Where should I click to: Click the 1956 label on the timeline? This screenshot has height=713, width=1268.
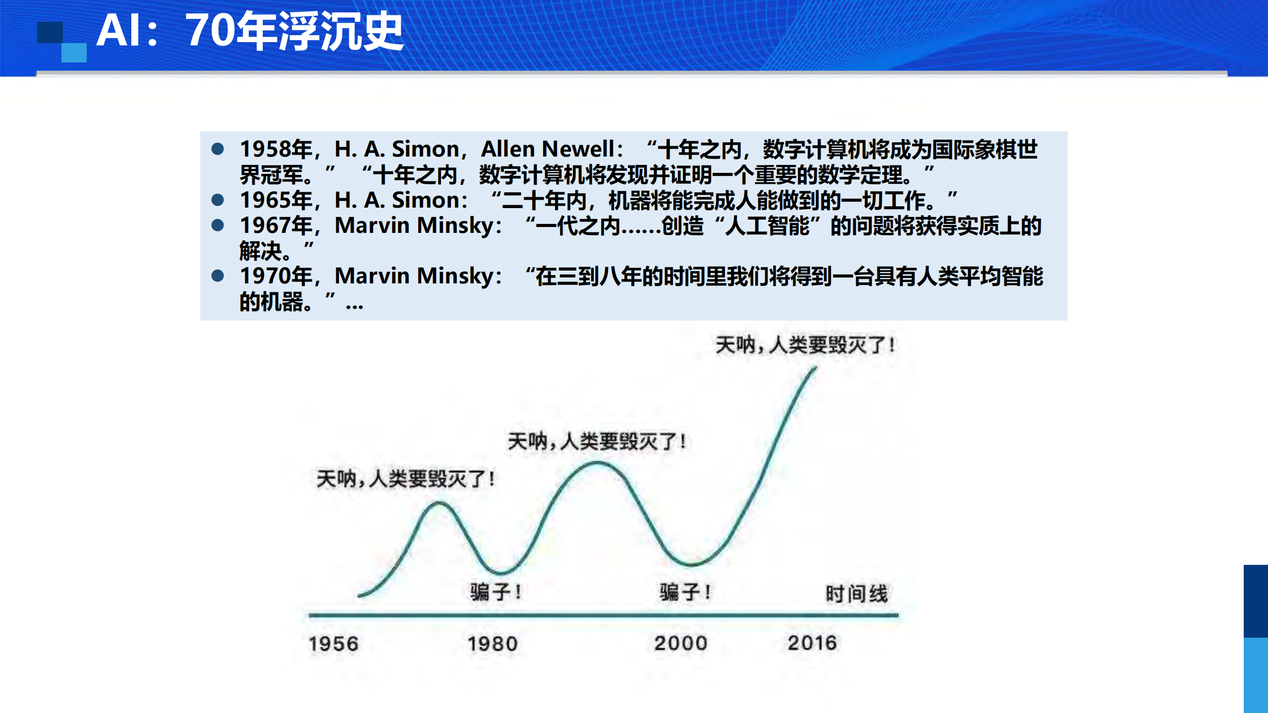(x=333, y=644)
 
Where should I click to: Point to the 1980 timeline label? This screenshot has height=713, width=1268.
(x=493, y=644)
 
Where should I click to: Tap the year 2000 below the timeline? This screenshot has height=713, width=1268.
(x=681, y=643)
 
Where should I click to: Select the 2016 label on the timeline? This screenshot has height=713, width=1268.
(x=812, y=643)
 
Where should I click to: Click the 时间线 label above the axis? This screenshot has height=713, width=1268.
(x=856, y=594)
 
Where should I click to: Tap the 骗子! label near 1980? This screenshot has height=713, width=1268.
(x=495, y=592)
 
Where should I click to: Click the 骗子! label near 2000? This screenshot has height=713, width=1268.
(x=685, y=592)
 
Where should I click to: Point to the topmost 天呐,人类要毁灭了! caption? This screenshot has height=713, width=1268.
(x=805, y=345)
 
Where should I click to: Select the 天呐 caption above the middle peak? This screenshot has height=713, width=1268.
(x=597, y=441)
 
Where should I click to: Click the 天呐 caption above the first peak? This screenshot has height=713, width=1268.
(x=405, y=479)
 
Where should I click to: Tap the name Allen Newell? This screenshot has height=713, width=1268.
(x=548, y=149)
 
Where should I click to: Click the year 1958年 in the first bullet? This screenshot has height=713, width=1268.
(x=276, y=149)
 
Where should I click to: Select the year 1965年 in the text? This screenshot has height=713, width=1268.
(x=276, y=200)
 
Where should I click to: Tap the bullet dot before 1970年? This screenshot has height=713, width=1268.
(x=218, y=275)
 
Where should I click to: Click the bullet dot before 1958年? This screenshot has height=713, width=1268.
(x=218, y=149)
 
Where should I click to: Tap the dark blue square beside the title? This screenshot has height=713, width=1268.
(x=50, y=32)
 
